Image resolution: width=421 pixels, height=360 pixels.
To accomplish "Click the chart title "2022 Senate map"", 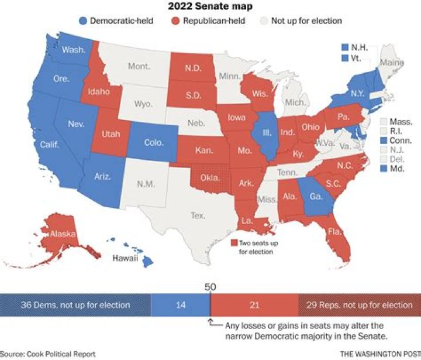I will click(x=210, y=7).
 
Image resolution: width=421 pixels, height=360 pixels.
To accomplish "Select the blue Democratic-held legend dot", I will click(x=82, y=21).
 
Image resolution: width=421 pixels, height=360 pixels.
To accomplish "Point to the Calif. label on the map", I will click(x=49, y=143).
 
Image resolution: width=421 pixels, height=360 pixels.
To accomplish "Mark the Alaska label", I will click(x=62, y=234).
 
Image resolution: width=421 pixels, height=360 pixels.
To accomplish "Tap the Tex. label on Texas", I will click(x=198, y=215).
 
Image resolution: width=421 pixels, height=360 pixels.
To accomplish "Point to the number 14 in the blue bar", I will click(x=180, y=305).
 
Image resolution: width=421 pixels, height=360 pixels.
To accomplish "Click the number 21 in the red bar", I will click(x=254, y=305).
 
